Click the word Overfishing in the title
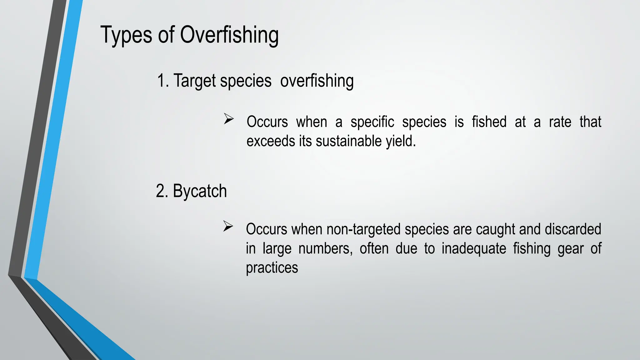(229, 35)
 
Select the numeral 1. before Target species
(163, 81)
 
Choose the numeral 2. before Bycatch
(162, 191)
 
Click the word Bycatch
(200, 191)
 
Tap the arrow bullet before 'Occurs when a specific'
(229, 119)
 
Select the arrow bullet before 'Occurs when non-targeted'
(228, 226)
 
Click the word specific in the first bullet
(372, 122)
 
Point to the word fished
(489, 122)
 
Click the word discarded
(573, 229)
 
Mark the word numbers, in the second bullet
(325, 249)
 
